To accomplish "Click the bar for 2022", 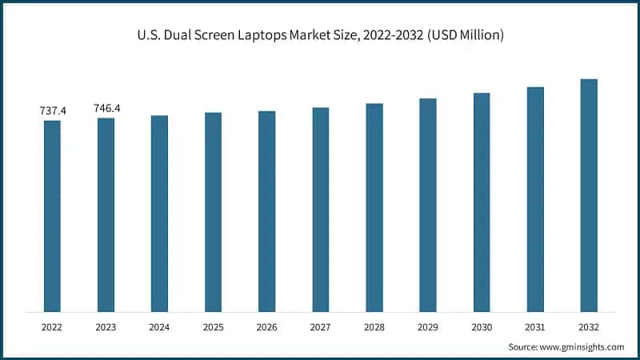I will tap(52, 216).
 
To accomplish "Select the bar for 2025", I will tap(213, 212).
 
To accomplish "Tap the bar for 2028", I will tap(374, 207).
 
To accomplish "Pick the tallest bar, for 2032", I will tap(589, 195).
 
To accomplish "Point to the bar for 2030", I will tap(482, 202).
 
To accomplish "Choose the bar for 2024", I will tap(159, 214).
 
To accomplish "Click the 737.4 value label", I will tap(53, 111).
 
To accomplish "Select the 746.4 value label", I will tap(106, 108).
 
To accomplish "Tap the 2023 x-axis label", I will tap(106, 327).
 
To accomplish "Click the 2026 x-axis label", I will tap(266, 327).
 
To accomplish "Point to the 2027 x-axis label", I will tap(320, 327).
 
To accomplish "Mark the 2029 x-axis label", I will tap(428, 327).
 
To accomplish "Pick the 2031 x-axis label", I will tap(535, 327).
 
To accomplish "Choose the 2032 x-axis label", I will tap(589, 327).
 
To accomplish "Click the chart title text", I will tap(320, 35).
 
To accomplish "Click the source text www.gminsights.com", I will tap(582, 346).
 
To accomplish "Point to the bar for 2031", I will tap(535, 199).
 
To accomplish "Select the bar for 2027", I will tap(320, 210).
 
